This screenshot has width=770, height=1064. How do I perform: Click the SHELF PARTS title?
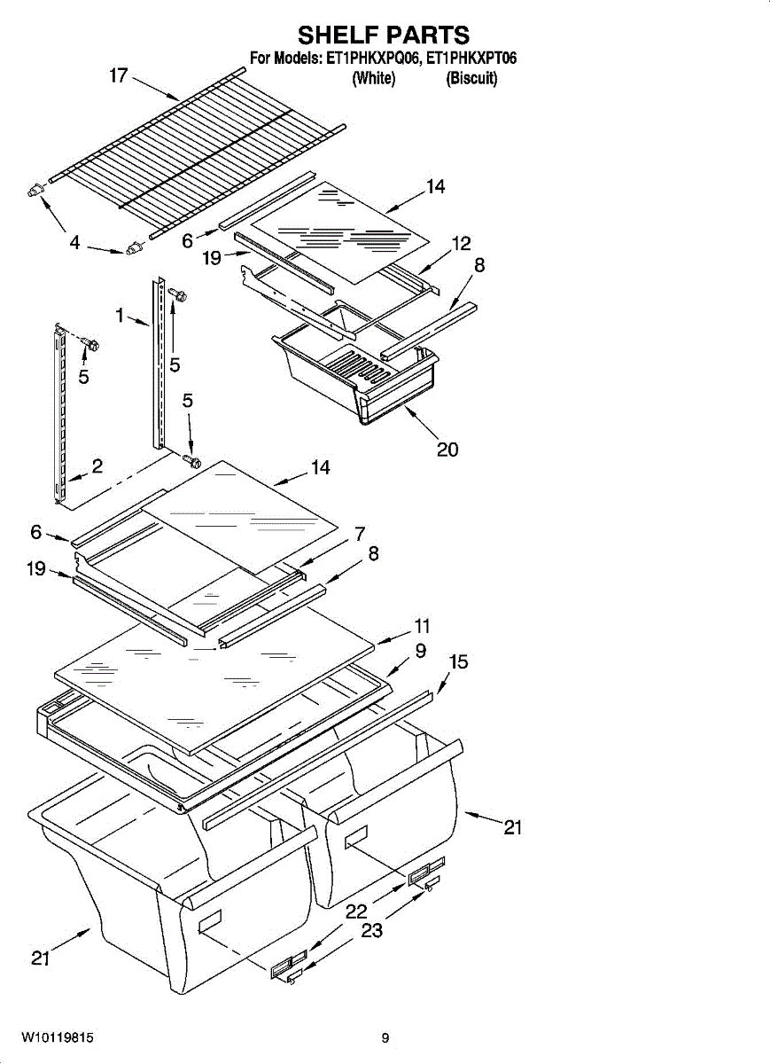point(384,35)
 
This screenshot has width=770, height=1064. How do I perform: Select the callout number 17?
point(120,75)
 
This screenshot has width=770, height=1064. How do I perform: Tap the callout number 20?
point(447,450)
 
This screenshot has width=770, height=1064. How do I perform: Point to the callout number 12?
point(461,244)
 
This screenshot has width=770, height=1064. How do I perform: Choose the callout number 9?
point(420,652)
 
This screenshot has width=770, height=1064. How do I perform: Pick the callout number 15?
point(458,662)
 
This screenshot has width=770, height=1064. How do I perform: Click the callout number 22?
point(356,911)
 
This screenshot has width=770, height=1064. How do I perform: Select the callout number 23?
point(372,931)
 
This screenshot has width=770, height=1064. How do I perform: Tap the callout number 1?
point(119,314)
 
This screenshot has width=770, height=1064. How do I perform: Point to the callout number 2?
point(97,467)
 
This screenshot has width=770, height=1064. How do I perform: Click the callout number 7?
point(360,534)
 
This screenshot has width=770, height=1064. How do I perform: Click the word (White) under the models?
point(373,79)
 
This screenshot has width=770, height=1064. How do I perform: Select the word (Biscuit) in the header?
point(471,79)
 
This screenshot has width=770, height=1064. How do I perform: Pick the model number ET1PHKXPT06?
point(471,59)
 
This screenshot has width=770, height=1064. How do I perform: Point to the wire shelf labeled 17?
point(195,151)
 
